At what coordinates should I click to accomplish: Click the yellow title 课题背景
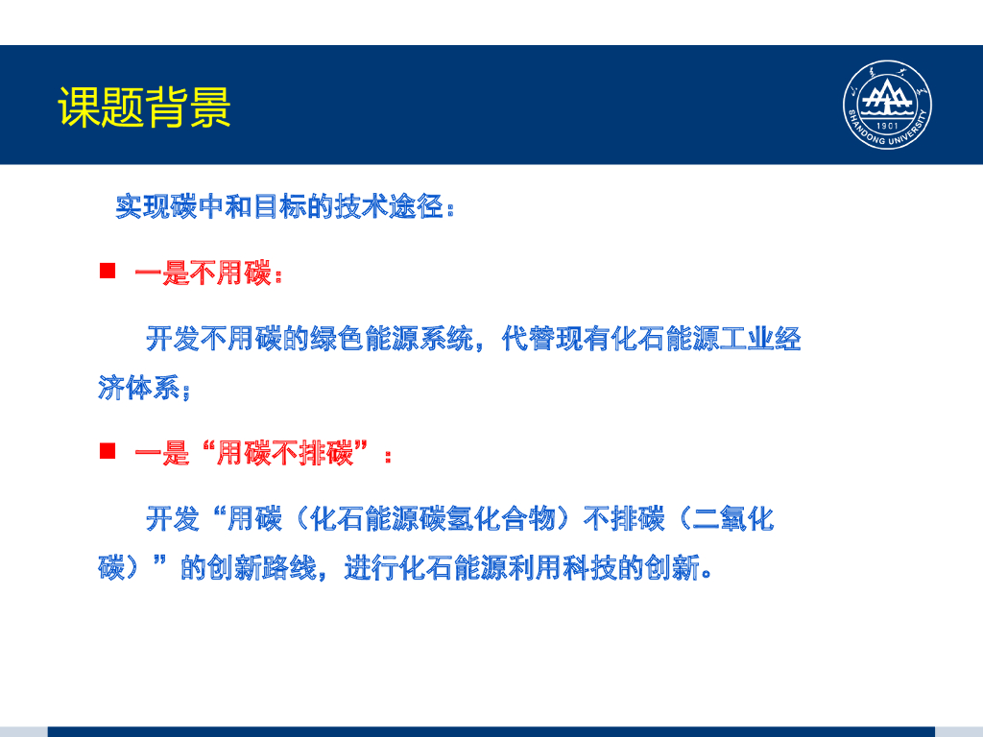(144, 107)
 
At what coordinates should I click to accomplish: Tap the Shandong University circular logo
(888, 105)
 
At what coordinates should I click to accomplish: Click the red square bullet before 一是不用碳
(108, 272)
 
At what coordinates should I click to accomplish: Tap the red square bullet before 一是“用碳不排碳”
(108, 450)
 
